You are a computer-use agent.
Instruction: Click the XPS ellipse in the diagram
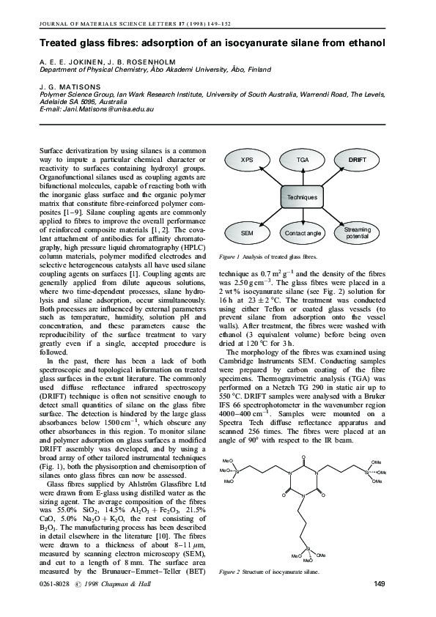pos(247,160)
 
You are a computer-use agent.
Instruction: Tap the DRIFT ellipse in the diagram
pos(357,160)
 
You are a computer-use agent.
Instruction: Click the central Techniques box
pos(302,197)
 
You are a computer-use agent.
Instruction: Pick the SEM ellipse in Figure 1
pos(247,232)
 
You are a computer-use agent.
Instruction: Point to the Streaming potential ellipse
pos(357,233)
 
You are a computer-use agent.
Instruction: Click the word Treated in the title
pos(60,45)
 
